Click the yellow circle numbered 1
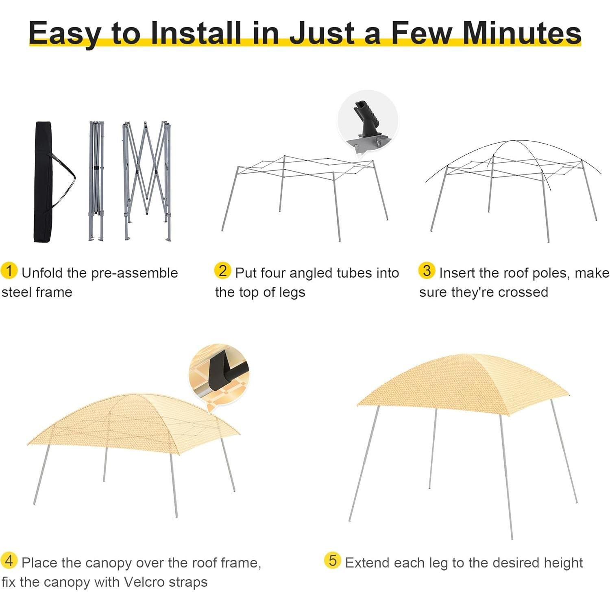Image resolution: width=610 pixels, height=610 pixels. coord(9,271)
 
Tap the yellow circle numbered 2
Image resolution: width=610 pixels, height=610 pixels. coord(222,271)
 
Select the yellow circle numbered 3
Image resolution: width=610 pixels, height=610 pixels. coord(427,271)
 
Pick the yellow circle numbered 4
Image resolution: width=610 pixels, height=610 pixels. coord(9,561)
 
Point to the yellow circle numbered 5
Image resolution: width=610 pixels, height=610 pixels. coord(333,561)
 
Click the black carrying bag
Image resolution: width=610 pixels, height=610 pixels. coord(43,183)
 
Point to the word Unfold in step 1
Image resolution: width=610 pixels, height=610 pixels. coord(42,273)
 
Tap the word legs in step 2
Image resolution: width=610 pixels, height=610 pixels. coord(292,292)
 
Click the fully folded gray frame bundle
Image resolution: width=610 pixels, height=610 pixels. coord(96,181)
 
